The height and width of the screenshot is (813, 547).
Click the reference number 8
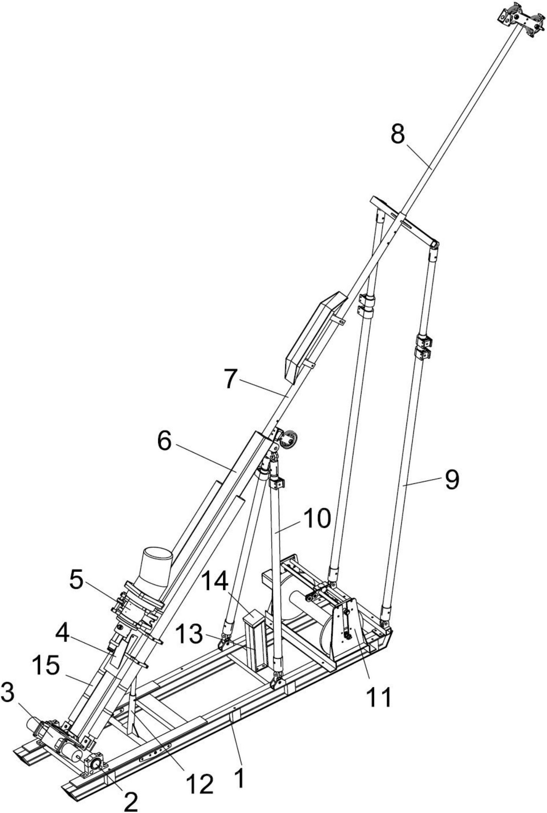point(398,134)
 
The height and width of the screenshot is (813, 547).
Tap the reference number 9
point(451,480)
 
